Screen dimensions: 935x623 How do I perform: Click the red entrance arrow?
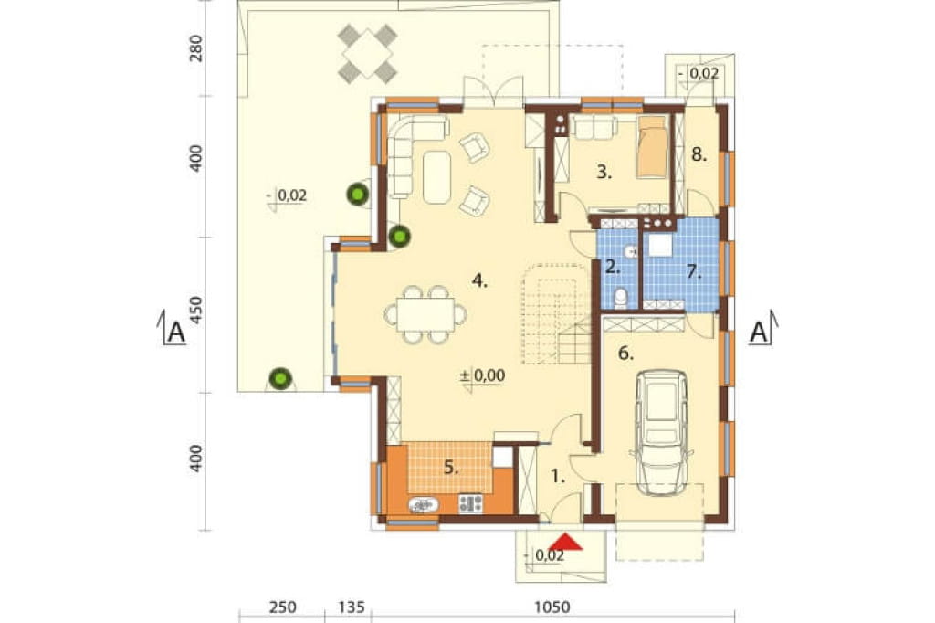564,542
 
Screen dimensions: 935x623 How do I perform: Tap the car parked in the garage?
661,432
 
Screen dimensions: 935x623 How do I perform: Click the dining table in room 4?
425,314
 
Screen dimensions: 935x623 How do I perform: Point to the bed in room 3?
652,147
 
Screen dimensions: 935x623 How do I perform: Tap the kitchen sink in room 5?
424,505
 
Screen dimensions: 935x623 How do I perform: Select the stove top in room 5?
470,503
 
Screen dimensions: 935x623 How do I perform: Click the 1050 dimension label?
552,607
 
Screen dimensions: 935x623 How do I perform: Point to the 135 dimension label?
352,607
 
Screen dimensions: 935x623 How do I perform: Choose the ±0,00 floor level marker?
483,375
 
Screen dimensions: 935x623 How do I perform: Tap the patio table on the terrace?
367,53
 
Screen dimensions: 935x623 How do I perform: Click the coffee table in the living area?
437,177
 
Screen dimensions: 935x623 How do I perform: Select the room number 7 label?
692,272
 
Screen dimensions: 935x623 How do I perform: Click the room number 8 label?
699,155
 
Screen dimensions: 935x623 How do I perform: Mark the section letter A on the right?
758,332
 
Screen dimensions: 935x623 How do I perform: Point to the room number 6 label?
625,354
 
